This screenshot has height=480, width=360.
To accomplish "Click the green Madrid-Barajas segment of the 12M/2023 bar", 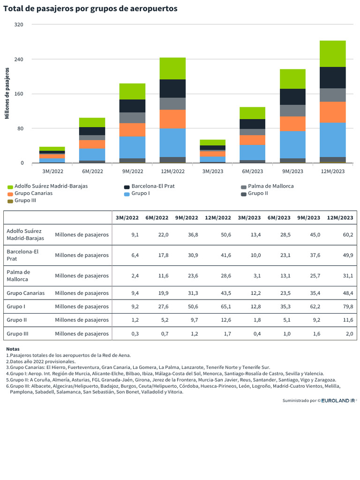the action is pyautogui.click(x=332, y=54).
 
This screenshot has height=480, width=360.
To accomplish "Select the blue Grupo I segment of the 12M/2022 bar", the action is pyautogui.click(x=172, y=142).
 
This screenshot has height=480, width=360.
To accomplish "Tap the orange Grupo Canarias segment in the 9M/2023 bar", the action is pyautogui.click(x=292, y=124).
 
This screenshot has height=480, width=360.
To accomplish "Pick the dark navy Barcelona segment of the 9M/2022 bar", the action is pyautogui.click(x=132, y=106).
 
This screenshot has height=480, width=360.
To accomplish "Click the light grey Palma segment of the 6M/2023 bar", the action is pyautogui.click(x=253, y=132).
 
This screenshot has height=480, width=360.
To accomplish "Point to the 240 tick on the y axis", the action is pyautogui.click(x=19, y=59).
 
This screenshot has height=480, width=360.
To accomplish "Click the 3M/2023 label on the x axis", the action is pyautogui.click(x=213, y=172).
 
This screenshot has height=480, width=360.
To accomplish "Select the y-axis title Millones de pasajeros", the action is pyautogui.click(x=7, y=93).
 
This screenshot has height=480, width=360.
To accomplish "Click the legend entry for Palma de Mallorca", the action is pyautogui.click(x=267, y=186).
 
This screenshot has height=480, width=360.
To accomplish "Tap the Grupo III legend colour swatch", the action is pyautogui.click(x=10, y=201).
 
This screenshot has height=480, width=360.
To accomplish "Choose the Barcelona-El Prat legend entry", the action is pyautogui.click(x=150, y=186).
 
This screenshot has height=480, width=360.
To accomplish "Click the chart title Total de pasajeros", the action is pyautogui.click(x=90, y=8).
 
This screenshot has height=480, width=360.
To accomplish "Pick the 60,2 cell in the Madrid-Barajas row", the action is pyautogui.click(x=348, y=235).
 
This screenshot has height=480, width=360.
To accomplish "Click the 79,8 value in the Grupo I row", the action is pyautogui.click(x=348, y=307).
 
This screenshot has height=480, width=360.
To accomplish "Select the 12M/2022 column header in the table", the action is pyautogui.click(x=218, y=217).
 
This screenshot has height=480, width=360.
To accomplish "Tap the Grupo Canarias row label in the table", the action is pyautogui.click(x=26, y=293).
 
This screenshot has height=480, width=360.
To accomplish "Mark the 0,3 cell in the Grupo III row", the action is pyautogui.click(x=135, y=334).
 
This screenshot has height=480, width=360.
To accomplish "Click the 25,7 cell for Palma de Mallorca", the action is pyautogui.click(x=315, y=276).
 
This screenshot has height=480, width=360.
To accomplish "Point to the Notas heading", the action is pyautogui.click(x=13, y=349).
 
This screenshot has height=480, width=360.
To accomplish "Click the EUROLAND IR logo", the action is pyautogui.click(x=338, y=400).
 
